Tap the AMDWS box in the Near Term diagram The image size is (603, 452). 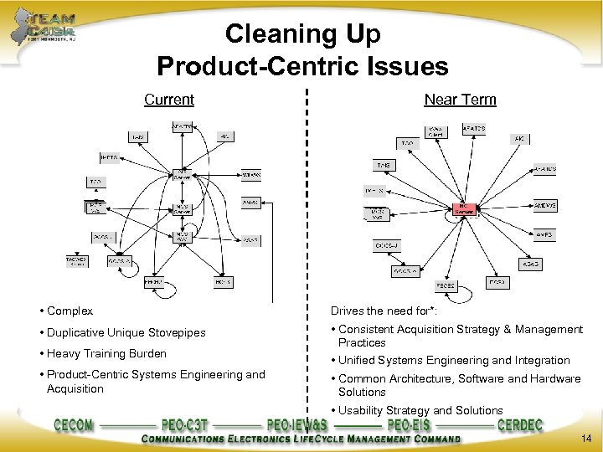pos(545,204)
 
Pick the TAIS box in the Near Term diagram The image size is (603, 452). pos(384,165)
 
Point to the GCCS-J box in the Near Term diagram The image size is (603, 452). pos(386,245)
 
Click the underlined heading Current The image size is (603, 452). pos(168,100)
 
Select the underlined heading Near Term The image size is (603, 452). pos(460,100)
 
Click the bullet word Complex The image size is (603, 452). pos(70,311)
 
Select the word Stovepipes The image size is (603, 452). pos(174,333)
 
